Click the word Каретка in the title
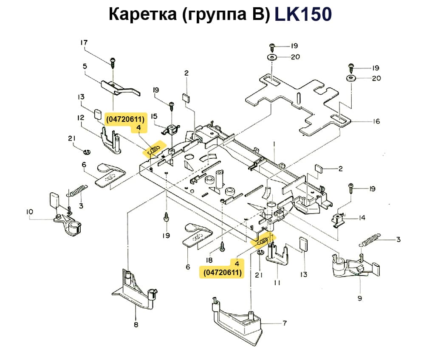click(x=139, y=14)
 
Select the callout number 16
click(x=376, y=121)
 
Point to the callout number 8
click(x=136, y=325)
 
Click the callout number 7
click(x=285, y=323)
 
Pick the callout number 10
click(x=29, y=211)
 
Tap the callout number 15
click(x=154, y=116)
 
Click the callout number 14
click(x=362, y=218)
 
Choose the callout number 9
click(x=360, y=298)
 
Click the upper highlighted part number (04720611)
click(x=125, y=119)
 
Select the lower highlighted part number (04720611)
click(x=223, y=273)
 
